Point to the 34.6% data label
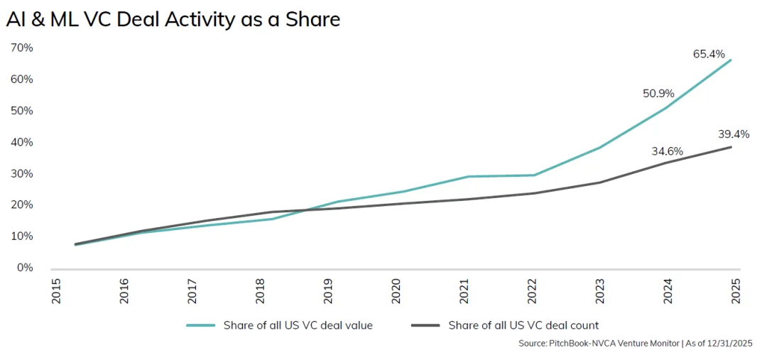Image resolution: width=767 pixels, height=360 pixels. (x=667, y=151)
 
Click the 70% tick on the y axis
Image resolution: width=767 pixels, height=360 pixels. (x=21, y=48)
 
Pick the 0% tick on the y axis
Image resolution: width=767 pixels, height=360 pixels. (x=24, y=268)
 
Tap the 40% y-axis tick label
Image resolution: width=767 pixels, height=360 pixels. (x=21, y=142)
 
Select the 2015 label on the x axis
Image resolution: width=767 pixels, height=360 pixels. (x=57, y=291)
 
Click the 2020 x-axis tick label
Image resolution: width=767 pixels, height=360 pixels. (x=397, y=291)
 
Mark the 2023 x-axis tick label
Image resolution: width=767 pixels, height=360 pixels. (x=601, y=291)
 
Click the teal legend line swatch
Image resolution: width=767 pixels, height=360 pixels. (x=201, y=326)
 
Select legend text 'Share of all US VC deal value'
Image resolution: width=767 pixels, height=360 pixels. (x=298, y=326)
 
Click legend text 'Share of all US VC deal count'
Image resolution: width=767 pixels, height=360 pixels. (x=523, y=326)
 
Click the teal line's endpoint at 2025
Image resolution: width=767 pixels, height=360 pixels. (x=731, y=60)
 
